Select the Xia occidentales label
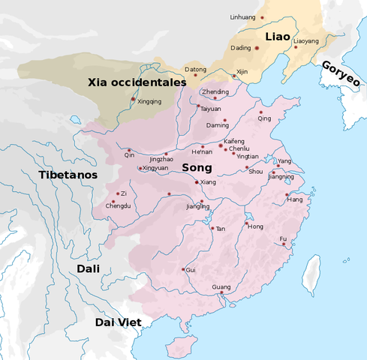click(x=136, y=82)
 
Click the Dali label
click(x=89, y=268)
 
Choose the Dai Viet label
click(x=119, y=322)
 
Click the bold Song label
click(x=196, y=168)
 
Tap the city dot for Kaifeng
click(x=221, y=145)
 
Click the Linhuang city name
click(x=242, y=16)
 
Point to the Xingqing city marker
click(x=134, y=99)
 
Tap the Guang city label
click(x=221, y=286)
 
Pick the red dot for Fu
click(x=284, y=244)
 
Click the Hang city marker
click(x=287, y=195)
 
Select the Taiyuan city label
click(x=211, y=108)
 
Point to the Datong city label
click(x=195, y=70)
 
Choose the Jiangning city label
click(x=281, y=177)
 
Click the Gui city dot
click(x=183, y=269)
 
